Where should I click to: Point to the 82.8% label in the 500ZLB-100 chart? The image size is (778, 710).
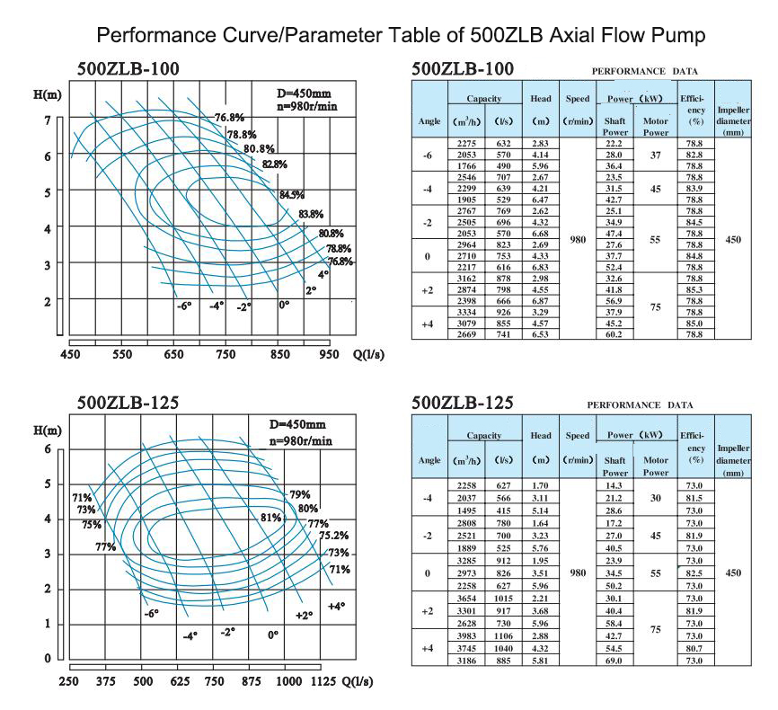[275, 164]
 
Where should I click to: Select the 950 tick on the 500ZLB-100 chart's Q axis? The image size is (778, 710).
[330, 355]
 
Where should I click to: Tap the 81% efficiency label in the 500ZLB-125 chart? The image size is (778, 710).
[270, 518]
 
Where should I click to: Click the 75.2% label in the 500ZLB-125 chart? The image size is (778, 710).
[335, 536]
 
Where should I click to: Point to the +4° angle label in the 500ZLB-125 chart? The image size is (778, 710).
[336, 607]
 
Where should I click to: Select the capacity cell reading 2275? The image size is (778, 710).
[467, 144]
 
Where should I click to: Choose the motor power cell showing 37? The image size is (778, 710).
[657, 155]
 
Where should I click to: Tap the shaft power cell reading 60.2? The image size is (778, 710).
[614, 334]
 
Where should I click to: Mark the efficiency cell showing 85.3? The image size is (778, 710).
[694, 290]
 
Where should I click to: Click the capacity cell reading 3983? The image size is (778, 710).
[467, 636]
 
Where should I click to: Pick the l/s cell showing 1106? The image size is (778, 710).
[504, 636]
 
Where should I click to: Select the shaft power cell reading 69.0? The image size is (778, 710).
[614, 661]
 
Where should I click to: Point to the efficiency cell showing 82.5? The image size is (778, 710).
[694, 573]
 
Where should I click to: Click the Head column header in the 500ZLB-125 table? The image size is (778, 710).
[541, 436]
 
